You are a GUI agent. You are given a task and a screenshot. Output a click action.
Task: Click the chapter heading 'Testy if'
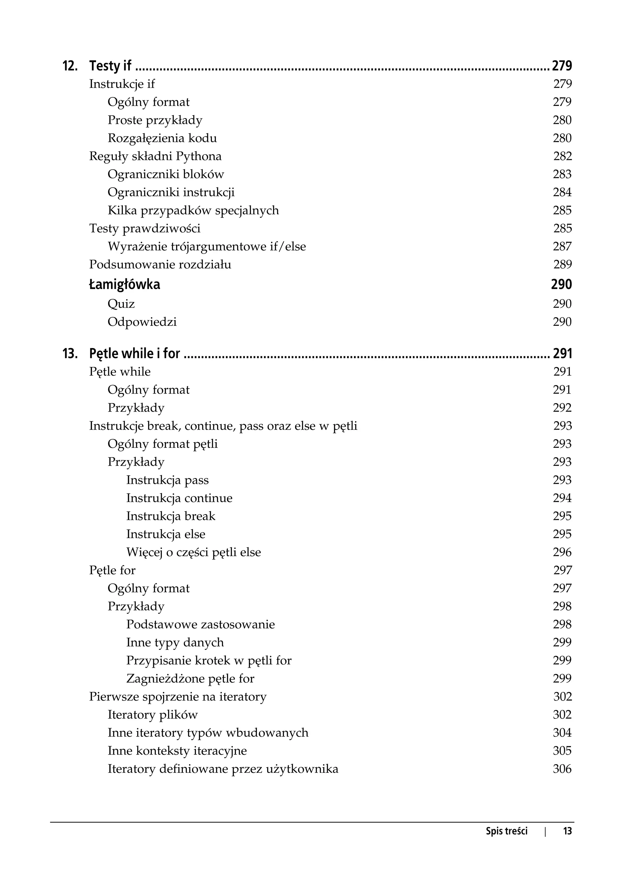[110, 66]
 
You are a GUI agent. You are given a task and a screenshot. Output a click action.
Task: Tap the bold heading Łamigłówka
[125, 285]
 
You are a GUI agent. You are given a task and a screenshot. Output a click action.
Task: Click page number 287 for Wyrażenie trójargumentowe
[562, 247]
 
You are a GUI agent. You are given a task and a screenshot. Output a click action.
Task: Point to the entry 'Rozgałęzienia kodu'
[162, 138]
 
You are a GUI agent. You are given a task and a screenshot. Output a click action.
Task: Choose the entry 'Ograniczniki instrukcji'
[171, 192]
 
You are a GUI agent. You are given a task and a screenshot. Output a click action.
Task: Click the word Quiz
[121, 304]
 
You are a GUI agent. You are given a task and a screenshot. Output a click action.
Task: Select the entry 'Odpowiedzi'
[142, 322]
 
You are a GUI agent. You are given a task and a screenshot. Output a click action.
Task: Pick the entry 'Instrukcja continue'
[179, 499]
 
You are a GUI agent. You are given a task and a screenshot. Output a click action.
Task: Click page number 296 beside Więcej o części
[562, 552]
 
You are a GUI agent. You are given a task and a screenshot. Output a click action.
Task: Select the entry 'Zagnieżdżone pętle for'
[190, 679]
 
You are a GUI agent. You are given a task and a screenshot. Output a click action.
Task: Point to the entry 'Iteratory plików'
[153, 715]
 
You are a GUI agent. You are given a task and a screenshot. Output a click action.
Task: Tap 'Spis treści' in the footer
[506, 831]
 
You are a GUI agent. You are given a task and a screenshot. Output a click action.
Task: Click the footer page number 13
[567, 831]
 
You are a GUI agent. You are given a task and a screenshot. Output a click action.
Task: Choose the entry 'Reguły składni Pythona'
[155, 156]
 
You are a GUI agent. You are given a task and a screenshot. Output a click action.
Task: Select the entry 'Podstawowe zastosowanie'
[200, 624]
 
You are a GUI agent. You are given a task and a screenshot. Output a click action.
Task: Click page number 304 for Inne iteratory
[562, 733]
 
